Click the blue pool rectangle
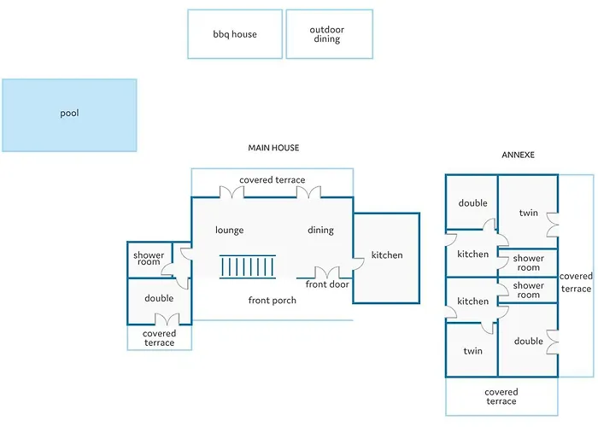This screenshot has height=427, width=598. [x=69, y=115]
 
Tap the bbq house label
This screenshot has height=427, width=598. [x=235, y=34]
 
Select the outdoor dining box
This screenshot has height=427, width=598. [x=330, y=34]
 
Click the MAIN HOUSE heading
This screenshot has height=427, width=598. [x=273, y=148]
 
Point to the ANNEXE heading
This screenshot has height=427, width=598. [x=518, y=155]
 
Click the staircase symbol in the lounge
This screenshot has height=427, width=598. [x=248, y=266]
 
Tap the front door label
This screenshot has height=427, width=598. [x=327, y=284]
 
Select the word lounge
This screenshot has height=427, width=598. [x=229, y=230]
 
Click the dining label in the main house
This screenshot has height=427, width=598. [x=320, y=230]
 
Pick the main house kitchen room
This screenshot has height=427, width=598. [x=387, y=258]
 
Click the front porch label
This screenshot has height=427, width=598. [x=273, y=301]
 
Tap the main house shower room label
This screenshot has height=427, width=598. [x=149, y=259]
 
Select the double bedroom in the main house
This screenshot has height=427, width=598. [x=159, y=301]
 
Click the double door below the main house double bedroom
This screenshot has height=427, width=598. [x=167, y=319]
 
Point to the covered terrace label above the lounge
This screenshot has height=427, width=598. [x=273, y=179]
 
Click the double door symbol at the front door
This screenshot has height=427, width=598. [x=327, y=272]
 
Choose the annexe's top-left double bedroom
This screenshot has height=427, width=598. [x=472, y=202]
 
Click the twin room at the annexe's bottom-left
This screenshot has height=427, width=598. [x=472, y=350]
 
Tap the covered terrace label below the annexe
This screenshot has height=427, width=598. [x=501, y=396]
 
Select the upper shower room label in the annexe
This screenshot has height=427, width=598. [x=528, y=263]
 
